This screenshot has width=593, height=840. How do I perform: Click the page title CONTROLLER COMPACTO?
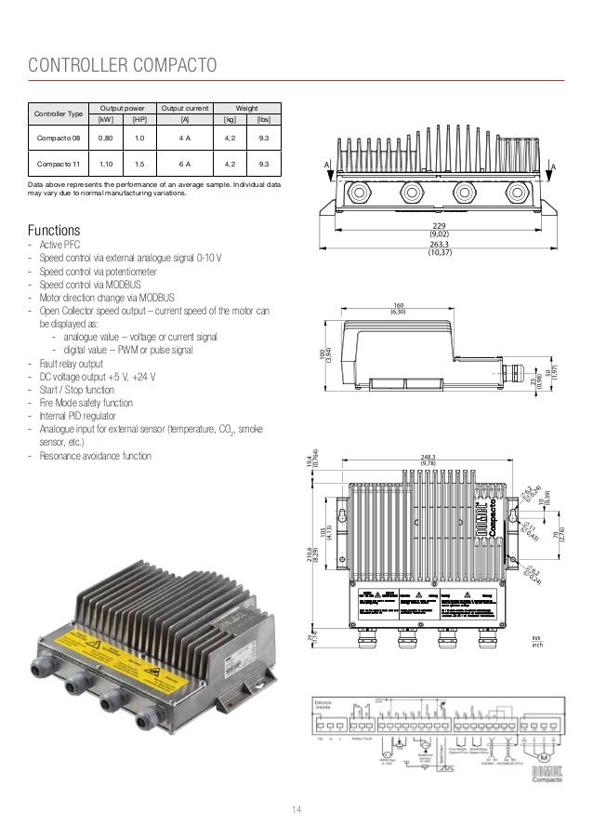(x=123, y=65)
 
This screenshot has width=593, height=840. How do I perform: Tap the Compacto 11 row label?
(x=58, y=166)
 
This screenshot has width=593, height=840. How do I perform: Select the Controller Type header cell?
(x=58, y=114)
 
